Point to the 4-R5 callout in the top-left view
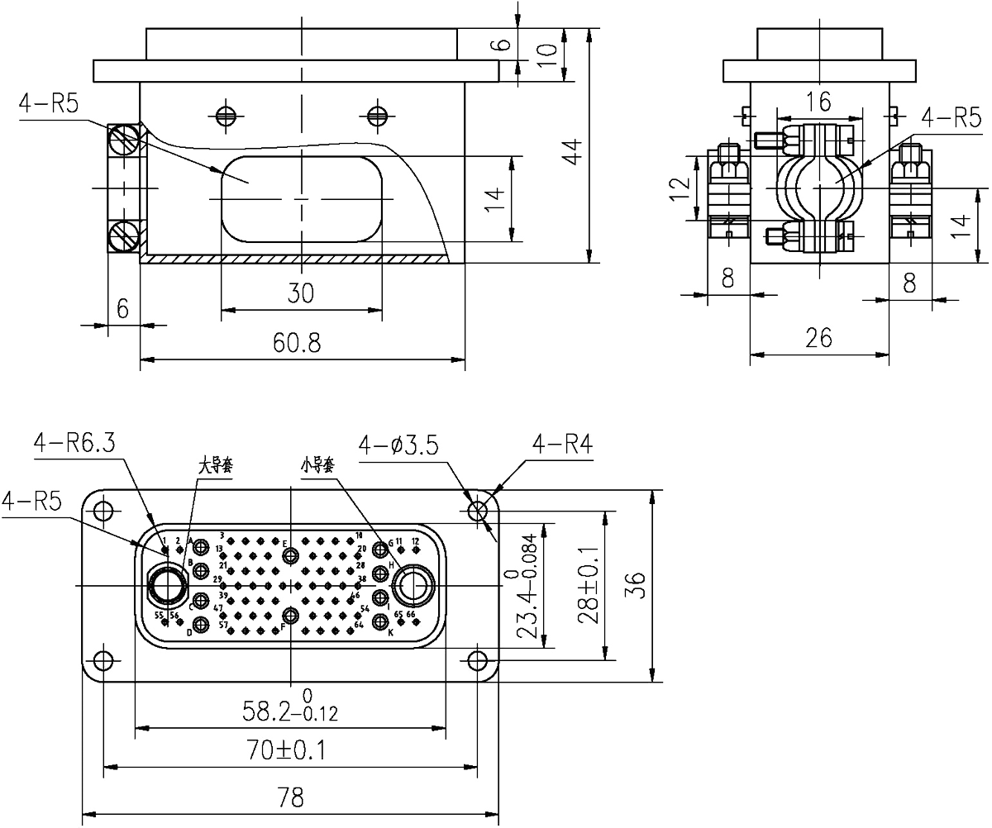click(49, 105)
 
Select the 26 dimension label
click(818, 337)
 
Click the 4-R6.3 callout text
click(74, 443)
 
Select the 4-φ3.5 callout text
click(401, 447)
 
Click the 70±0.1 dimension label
click(290, 751)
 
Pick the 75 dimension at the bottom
click(290, 798)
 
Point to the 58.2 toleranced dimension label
click(290, 712)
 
